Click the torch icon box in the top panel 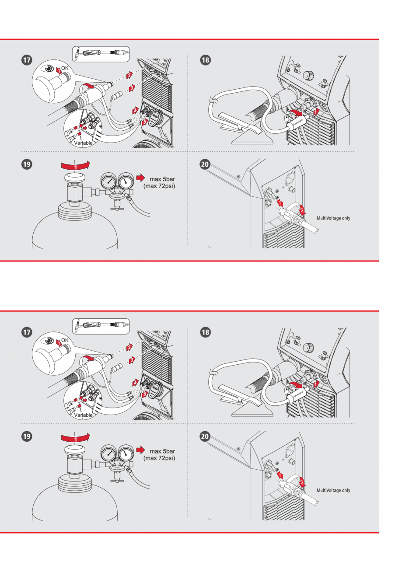coord(100,53)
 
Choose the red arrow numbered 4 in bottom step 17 coord(136,381)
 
